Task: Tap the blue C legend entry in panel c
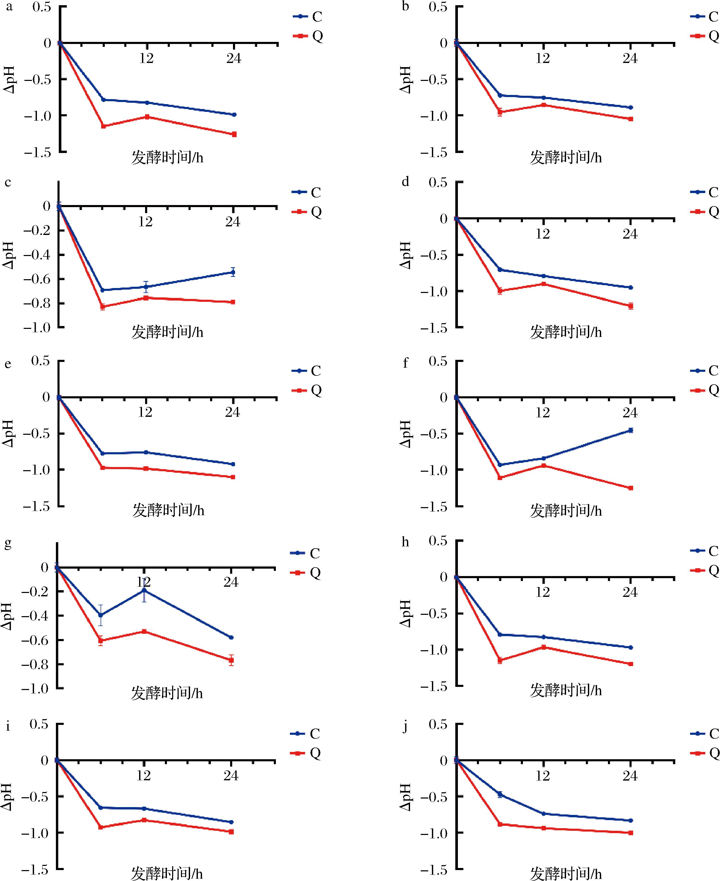click(x=307, y=192)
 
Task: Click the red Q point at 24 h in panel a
click(x=234, y=134)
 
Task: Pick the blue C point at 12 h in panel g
click(x=144, y=590)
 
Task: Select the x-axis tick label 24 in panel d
click(x=630, y=234)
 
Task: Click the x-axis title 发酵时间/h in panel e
click(x=168, y=510)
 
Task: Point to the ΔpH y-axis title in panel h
click(x=406, y=613)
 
